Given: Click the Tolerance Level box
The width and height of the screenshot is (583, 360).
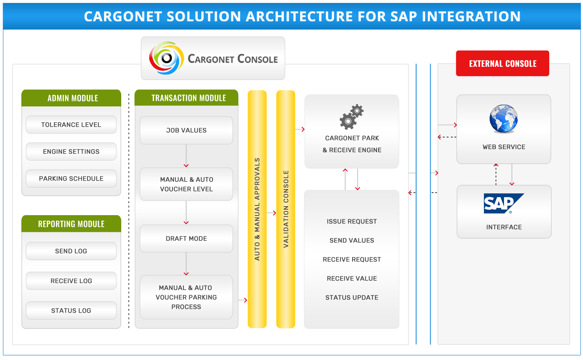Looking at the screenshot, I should [x=71, y=125].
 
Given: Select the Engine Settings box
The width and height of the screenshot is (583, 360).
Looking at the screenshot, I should [x=71, y=151].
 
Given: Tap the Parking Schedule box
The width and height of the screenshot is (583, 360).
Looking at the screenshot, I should [x=71, y=179].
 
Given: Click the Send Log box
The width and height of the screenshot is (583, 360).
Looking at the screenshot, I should [x=71, y=251].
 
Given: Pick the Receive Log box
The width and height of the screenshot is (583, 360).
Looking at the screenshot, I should [x=71, y=281].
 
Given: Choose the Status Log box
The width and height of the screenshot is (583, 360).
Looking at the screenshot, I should [x=71, y=311].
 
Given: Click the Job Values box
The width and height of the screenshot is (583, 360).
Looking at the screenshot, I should [x=186, y=130].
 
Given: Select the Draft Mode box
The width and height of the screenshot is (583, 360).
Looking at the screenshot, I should [x=186, y=238].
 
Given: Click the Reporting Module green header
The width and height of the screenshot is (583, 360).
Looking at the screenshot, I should [x=71, y=224].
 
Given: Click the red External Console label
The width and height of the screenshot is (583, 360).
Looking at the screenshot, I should [x=503, y=64].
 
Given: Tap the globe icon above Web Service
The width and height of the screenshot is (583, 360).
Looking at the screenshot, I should [x=504, y=119].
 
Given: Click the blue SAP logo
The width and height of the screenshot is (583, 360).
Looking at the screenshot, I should [x=503, y=203].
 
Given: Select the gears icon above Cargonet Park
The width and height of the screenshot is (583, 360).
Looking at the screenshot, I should [x=352, y=117].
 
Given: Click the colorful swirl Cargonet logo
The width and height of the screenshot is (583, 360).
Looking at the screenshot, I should [x=166, y=58].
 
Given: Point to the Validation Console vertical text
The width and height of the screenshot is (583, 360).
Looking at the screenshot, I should [x=286, y=209].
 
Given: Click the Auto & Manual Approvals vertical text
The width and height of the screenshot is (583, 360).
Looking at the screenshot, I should [x=257, y=209].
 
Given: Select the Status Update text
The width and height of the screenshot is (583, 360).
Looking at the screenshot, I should [x=352, y=297].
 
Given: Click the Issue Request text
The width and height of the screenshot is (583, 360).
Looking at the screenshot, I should [x=352, y=221].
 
